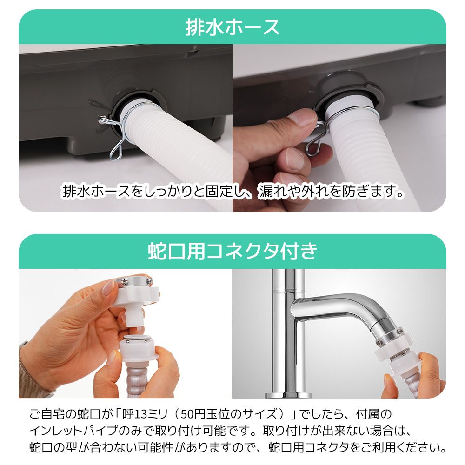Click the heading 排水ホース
[x=232, y=27]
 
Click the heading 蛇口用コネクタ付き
[x=232, y=252]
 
